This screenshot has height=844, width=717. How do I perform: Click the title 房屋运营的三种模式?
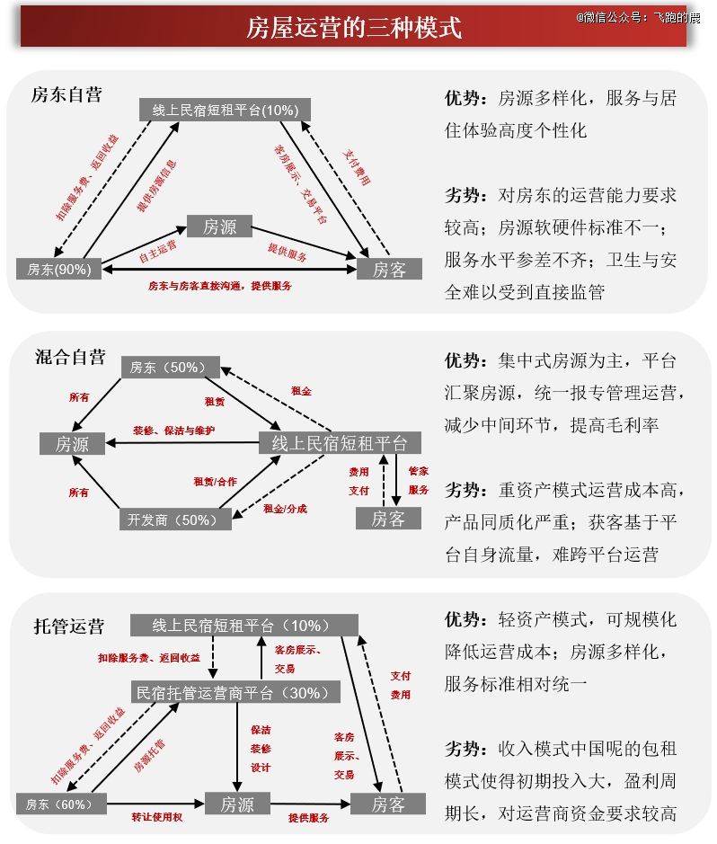tap(354, 29)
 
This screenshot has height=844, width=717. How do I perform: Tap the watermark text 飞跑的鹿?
tap(676, 16)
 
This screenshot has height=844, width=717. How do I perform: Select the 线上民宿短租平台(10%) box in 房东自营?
tap(225, 110)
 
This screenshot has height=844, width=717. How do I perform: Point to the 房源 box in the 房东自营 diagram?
tap(219, 227)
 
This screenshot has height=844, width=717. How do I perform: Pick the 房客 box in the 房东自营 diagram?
tap(389, 270)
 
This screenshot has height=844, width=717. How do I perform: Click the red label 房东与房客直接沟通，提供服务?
tap(220, 286)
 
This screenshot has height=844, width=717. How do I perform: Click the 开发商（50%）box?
tap(174, 520)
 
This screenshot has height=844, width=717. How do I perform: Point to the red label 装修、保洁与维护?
tap(173, 431)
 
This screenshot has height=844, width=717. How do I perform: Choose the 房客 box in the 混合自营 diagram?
tap(388, 519)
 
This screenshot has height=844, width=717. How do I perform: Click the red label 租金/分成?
tap(285, 509)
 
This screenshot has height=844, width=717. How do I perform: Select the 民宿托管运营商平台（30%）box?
tap(236, 692)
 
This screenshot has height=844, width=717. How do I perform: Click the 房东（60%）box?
tap(60, 804)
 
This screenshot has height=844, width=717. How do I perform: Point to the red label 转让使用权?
tap(157, 817)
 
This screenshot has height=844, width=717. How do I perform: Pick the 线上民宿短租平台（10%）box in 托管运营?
tap(243, 626)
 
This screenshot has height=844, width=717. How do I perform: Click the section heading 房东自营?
tap(66, 94)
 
